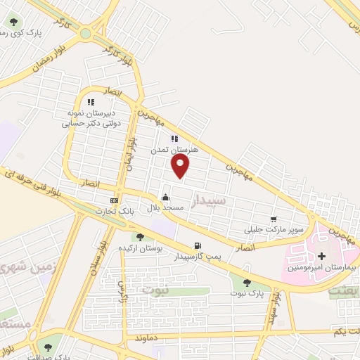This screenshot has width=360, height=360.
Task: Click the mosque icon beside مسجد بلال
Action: click(x=165, y=197)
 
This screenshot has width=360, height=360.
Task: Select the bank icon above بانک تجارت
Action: click(x=114, y=200)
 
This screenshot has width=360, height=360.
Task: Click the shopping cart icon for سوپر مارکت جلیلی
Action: click(x=274, y=219)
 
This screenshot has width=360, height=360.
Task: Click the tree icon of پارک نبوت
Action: click(x=246, y=283)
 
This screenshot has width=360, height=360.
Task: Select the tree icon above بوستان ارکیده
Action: click(x=140, y=237)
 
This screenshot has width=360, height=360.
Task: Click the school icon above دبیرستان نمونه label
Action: click(x=91, y=103)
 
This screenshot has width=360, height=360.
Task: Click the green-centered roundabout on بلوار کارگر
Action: click(x=86, y=33)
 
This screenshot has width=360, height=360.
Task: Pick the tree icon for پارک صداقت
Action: click(x=49, y=347)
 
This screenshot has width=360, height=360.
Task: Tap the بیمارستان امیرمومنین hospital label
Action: click(x=323, y=269)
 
